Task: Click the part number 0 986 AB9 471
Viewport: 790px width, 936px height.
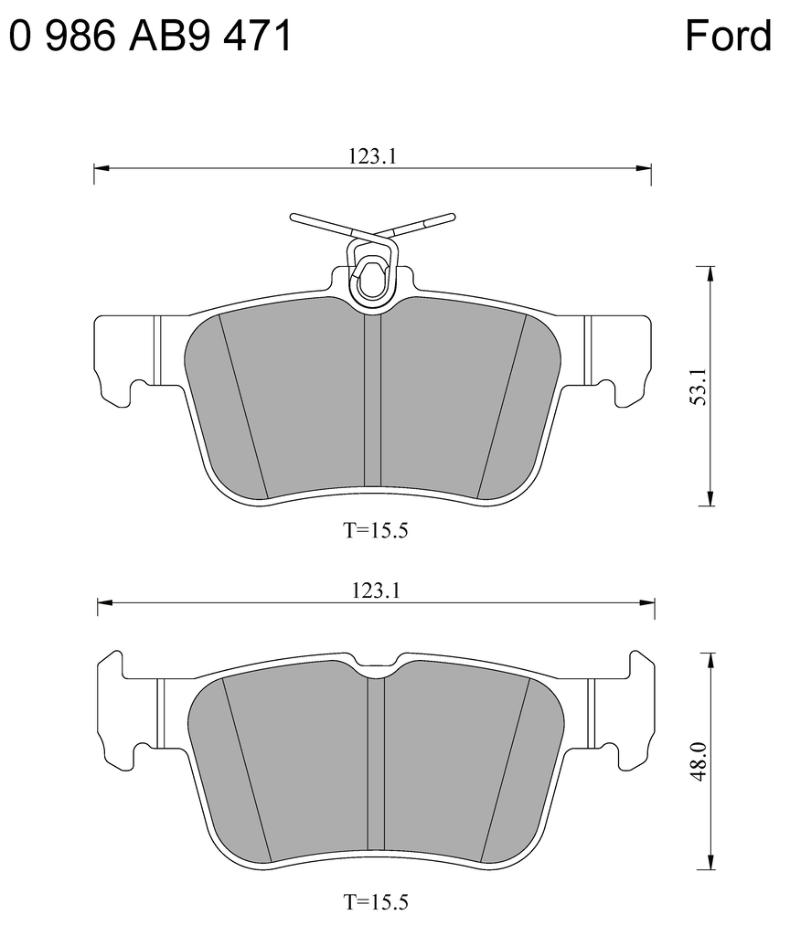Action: (x=151, y=37)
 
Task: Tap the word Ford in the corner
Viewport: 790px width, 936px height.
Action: (x=728, y=37)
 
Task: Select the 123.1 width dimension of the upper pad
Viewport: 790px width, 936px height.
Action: (x=371, y=156)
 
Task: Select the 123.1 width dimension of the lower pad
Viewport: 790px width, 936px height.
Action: (x=375, y=590)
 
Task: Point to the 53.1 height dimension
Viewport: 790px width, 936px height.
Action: (x=699, y=388)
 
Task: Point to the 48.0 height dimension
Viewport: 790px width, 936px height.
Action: (x=699, y=761)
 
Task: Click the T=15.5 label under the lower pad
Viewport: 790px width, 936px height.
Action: (x=375, y=903)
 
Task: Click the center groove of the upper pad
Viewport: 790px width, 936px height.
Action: (x=372, y=402)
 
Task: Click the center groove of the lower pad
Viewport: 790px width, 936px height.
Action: (x=376, y=768)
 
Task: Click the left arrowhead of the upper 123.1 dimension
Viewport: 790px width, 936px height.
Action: (x=101, y=169)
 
